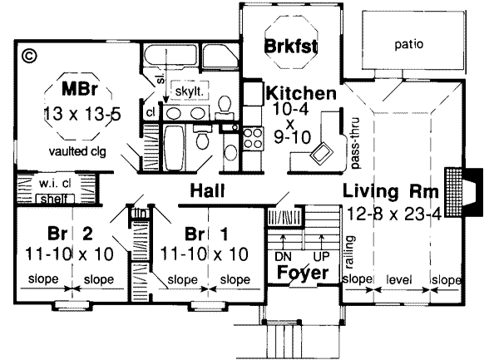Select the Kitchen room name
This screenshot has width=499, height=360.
(x=300, y=93)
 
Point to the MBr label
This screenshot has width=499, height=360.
(x=80, y=86)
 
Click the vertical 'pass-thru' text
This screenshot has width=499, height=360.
(x=354, y=133)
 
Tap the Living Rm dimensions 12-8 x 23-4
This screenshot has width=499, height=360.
(x=390, y=213)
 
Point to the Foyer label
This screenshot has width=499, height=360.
(x=299, y=272)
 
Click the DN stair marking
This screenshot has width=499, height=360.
(x=281, y=256)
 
